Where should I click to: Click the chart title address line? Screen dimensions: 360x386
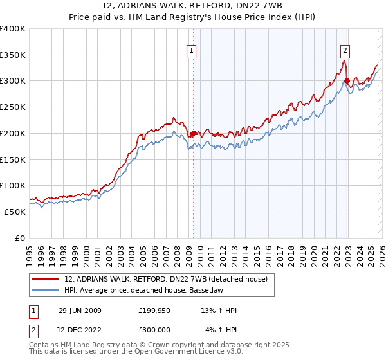pos(192,5)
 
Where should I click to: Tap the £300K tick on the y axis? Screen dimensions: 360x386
pos(13,81)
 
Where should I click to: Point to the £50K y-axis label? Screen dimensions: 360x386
pos(15,212)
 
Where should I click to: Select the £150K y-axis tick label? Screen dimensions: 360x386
pos(13,159)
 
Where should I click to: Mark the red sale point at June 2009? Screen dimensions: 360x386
pos(193,134)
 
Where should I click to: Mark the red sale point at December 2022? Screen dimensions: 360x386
pos(347,81)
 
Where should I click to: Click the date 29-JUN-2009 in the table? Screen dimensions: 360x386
pos(80,310)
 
